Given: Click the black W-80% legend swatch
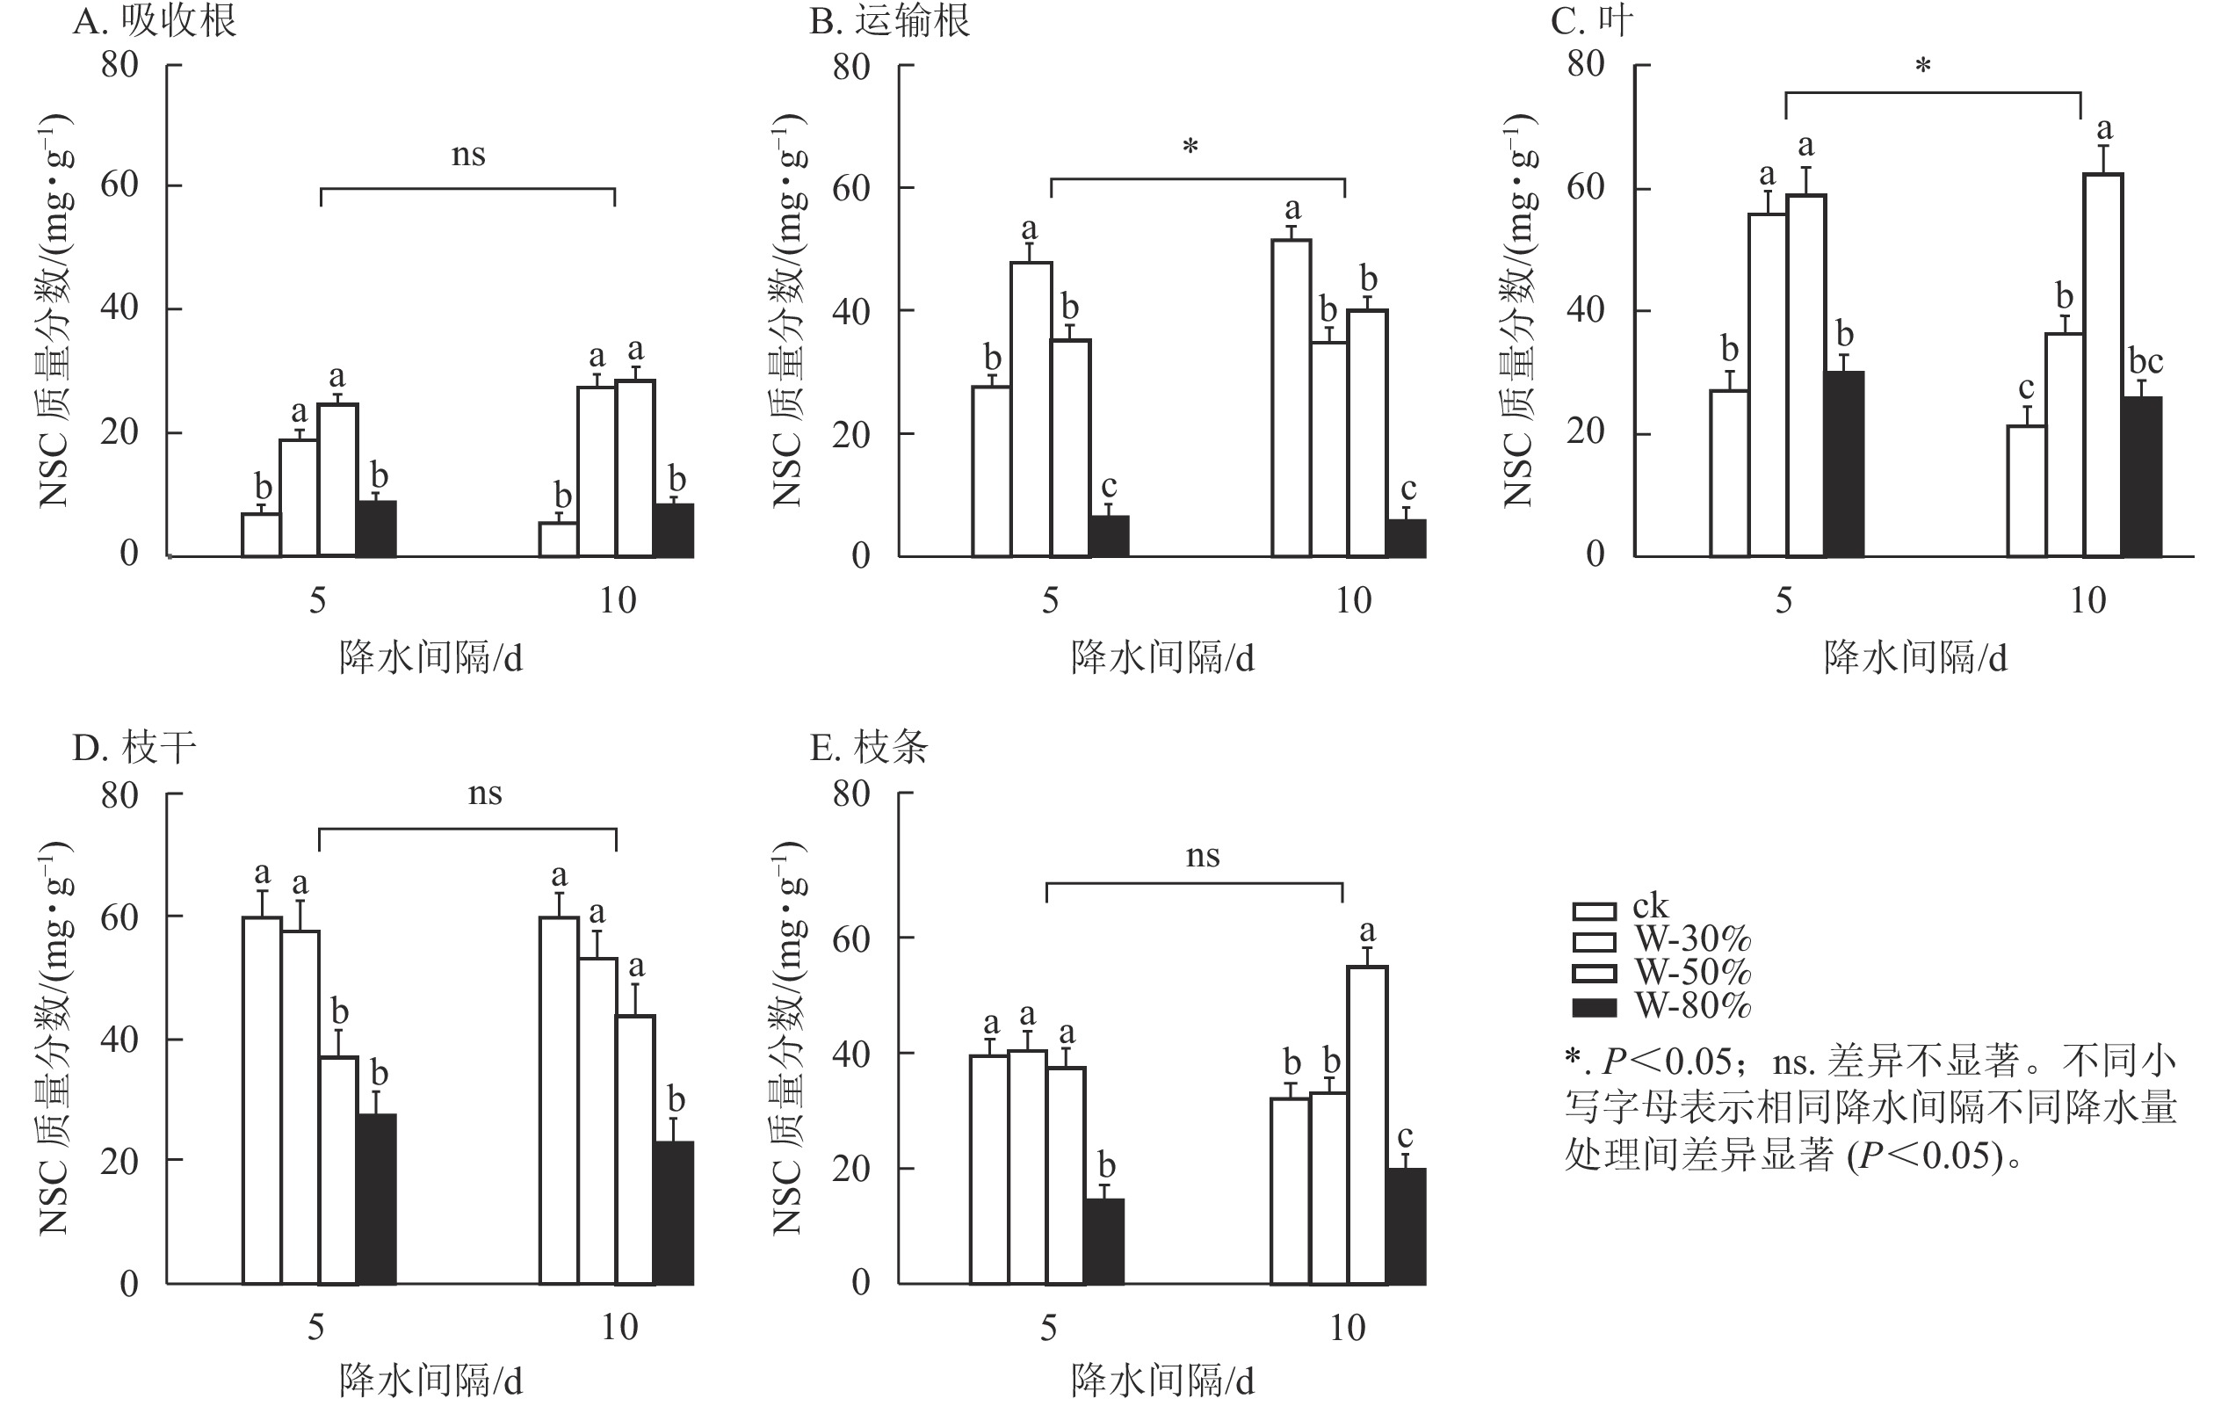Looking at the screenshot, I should (x=1595, y=1008).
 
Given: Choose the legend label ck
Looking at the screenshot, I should (x=1650, y=907).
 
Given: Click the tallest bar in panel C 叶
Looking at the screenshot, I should (x=2102, y=365).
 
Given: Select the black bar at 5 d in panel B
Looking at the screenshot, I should (x=1110, y=536).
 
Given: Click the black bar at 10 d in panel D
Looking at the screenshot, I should (x=674, y=1213).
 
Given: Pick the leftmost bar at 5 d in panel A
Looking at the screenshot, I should (x=261, y=535).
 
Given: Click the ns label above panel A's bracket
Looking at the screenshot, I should (x=468, y=155).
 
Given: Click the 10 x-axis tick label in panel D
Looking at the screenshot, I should (x=619, y=1327).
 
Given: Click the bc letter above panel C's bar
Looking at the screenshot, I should (x=2146, y=361).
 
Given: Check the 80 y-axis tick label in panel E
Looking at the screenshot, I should (x=851, y=793).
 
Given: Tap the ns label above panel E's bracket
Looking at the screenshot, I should (x=1203, y=856).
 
